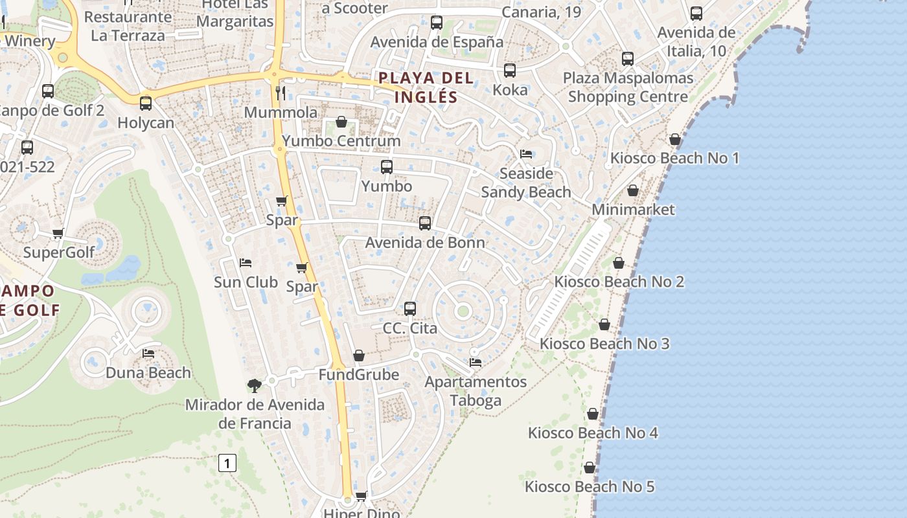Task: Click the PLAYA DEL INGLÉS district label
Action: tap(426, 87)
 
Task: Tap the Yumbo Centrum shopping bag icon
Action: tap(341, 122)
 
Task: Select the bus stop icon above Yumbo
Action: tap(387, 166)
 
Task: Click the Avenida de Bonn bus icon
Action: tap(425, 223)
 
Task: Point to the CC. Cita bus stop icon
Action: tap(410, 308)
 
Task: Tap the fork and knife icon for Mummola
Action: tap(281, 93)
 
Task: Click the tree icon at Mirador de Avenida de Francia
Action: tap(255, 385)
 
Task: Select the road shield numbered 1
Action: tap(227, 463)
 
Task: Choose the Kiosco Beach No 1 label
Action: tap(674, 158)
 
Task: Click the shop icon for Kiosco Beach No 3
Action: tap(604, 324)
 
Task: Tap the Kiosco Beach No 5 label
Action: tap(590, 486)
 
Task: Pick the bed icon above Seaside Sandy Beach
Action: tap(526, 153)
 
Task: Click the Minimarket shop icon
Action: tap(633, 190)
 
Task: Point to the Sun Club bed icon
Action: tap(246, 262)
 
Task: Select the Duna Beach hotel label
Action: tap(148, 372)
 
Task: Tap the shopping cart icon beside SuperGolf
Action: tap(58, 233)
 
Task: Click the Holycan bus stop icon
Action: tap(146, 102)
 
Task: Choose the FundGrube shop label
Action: tap(359, 374)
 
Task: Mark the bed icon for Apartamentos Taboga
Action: tap(476, 362)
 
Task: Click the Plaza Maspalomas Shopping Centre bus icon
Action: tap(628, 58)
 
